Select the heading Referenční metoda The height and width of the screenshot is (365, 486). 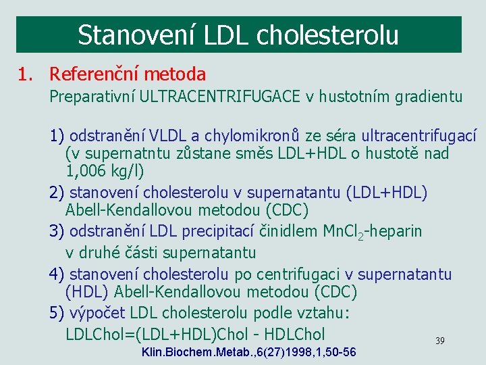pyautogui.click(x=128, y=74)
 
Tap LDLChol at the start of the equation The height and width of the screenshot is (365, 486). pyautogui.click(x=94, y=334)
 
